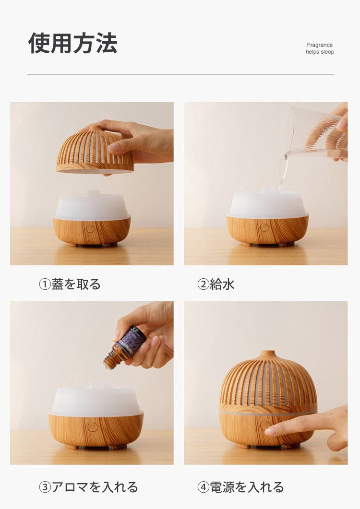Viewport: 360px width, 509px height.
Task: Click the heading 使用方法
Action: (73, 43)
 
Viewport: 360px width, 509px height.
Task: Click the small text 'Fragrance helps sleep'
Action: (320, 48)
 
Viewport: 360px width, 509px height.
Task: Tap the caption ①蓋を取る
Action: (70, 284)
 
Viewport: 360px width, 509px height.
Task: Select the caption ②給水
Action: (216, 284)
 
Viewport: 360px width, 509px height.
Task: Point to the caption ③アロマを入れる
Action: (88, 487)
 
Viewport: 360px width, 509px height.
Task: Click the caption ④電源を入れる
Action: (241, 487)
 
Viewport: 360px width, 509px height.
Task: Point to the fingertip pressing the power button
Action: (270, 430)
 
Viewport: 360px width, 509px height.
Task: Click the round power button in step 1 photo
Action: (90, 229)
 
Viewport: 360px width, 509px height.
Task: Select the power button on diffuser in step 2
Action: (264, 227)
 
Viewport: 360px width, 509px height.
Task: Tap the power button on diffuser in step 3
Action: (93, 426)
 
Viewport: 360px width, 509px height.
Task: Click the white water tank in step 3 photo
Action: (96, 400)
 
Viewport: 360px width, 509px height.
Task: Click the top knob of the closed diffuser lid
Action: (268, 355)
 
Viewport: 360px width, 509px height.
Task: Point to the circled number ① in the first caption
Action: (45, 284)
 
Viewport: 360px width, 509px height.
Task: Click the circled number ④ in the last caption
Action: (204, 487)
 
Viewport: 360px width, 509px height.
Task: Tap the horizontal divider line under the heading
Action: (180, 74)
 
